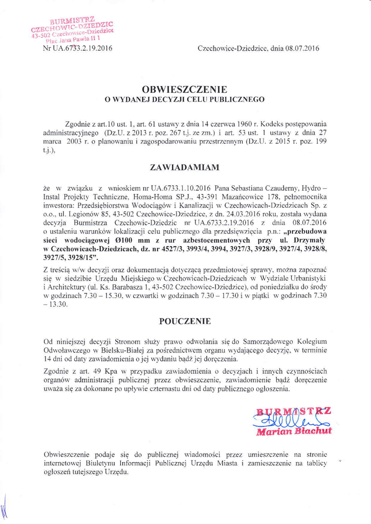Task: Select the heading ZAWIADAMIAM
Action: tap(184, 167)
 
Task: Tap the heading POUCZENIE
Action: tap(184, 321)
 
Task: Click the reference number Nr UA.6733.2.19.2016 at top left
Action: tap(78, 49)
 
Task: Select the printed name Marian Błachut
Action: tap(294, 431)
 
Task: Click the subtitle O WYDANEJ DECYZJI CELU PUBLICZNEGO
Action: tap(184, 99)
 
